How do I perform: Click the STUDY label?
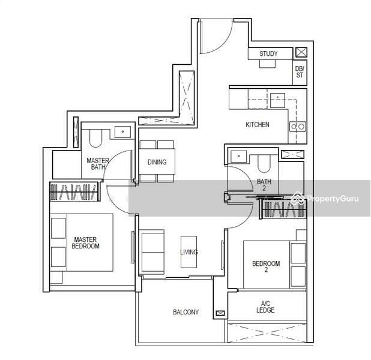268,54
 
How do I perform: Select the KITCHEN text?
257,125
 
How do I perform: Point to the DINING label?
157,162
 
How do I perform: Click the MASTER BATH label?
97,164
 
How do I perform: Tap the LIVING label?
189,252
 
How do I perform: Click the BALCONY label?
185,312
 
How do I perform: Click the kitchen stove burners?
298,126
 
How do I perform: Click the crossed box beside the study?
301,52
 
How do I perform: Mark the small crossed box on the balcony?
220,313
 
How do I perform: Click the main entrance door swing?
213,36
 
